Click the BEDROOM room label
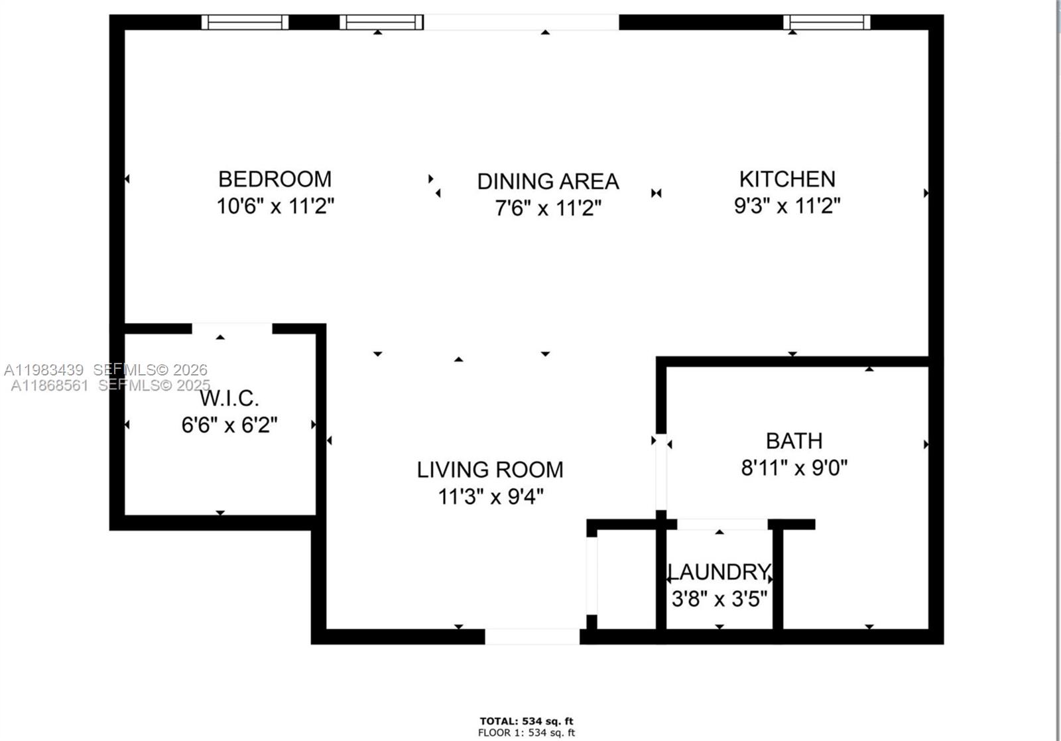coord(275,179)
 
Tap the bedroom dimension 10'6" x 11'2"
coord(275,206)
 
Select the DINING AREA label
coord(548,182)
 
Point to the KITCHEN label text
coord(787,179)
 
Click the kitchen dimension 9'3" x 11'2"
coord(787,206)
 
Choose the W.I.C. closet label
coord(229,399)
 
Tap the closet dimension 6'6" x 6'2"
coord(229,425)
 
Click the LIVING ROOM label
coord(490,470)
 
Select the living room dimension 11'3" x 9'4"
coord(490,496)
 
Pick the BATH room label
coord(794,441)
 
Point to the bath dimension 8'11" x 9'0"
coord(794,468)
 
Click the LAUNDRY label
coord(719,572)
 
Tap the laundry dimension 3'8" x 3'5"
coord(719,600)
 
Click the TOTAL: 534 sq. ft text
coord(527,721)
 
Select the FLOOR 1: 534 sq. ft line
coord(527,733)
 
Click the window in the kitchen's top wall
coord(826,23)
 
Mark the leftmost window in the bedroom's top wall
coord(245,23)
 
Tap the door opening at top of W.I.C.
coord(232,328)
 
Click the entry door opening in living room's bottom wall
coord(532,637)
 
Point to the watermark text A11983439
coord(44,370)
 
